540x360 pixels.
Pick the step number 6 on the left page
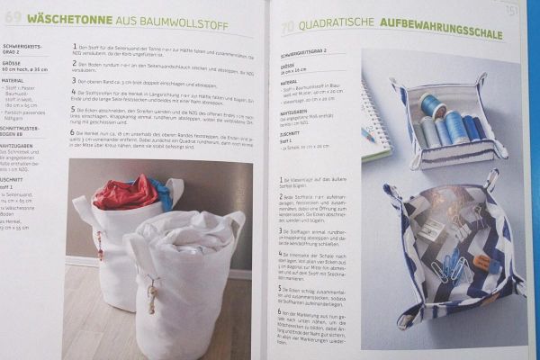(x=71, y=132)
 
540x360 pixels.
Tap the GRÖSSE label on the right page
(x=287, y=67)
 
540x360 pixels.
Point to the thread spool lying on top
(x=432, y=106)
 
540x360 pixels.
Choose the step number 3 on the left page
(x=71, y=80)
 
